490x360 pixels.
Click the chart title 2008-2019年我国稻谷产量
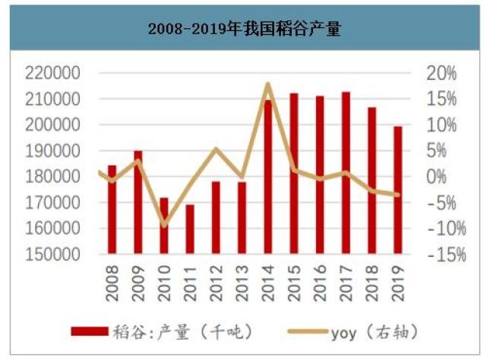tap(245, 30)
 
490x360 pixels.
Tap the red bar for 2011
tap(190, 229)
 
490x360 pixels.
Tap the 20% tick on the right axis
tap(441, 74)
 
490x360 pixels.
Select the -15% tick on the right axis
tap(440, 254)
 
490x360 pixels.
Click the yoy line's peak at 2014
tap(268, 84)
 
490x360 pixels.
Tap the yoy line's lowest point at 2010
tap(164, 226)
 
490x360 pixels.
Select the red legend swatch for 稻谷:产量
tap(90, 332)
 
